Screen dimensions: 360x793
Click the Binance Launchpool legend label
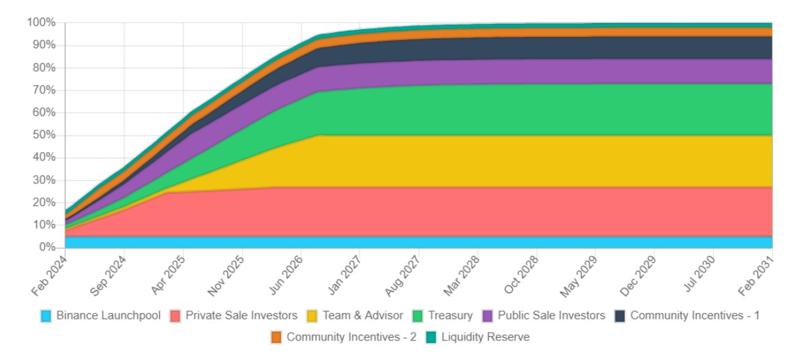108,315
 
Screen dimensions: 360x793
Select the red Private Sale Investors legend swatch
175,315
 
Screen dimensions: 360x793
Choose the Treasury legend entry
451,315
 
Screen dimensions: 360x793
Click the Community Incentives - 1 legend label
695,315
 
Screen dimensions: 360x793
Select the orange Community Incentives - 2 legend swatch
277,338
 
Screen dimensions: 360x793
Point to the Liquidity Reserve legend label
485,338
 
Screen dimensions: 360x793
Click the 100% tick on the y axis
41,22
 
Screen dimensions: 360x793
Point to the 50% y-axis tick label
44,135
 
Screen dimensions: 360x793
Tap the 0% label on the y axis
47,248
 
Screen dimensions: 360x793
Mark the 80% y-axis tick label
44,68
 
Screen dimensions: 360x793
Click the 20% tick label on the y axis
44,202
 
